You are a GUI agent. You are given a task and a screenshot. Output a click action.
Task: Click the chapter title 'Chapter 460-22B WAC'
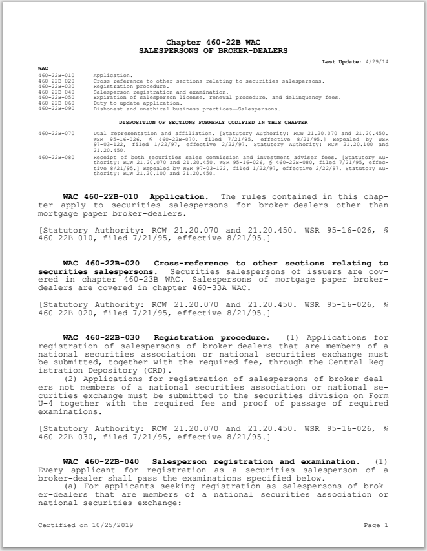213,42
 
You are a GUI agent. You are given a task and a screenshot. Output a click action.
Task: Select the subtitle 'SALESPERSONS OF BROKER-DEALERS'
213,50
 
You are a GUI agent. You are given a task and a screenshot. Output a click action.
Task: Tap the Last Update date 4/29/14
377,61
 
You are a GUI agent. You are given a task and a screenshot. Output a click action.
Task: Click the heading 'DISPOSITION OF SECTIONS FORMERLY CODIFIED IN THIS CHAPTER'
213,122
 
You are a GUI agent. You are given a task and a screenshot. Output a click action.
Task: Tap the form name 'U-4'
48,404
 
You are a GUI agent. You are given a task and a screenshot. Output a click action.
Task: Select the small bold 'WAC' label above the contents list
43,68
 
